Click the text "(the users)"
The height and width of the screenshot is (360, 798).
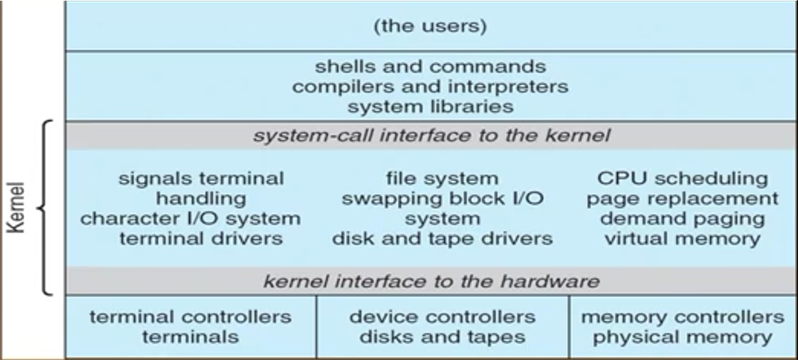click(430, 26)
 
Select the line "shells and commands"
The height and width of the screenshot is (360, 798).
click(430, 67)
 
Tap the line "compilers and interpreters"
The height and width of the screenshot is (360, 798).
click(430, 87)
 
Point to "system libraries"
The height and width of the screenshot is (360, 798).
click(430, 107)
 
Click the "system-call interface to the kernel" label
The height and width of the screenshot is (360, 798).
click(431, 135)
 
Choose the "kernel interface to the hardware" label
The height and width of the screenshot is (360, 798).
click(431, 281)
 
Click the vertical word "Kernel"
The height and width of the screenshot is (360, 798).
click(17, 207)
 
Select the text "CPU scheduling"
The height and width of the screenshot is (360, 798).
click(683, 178)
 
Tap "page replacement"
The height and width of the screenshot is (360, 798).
click(683, 199)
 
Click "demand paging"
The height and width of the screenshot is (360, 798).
click(683, 219)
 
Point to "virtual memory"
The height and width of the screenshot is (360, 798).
click(683, 239)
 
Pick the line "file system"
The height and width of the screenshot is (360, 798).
click(442, 178)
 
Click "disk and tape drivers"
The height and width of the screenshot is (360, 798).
click(442, 239)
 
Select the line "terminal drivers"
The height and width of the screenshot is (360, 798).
click(201, 239)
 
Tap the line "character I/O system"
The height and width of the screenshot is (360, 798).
click(191, 219)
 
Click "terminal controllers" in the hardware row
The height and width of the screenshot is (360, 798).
click(191, 317)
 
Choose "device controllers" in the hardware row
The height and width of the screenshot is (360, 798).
click(442, 317)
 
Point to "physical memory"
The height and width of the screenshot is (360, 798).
click(683, 337)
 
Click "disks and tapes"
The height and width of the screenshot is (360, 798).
click(442, 337)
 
